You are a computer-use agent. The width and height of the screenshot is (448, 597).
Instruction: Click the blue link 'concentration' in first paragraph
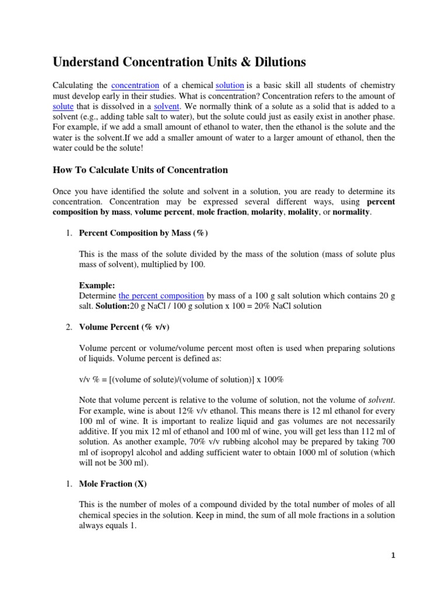pos(135,86)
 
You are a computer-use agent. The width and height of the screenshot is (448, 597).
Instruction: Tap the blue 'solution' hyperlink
pos(230,86)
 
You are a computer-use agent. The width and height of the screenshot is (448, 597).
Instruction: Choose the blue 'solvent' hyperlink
pos(167,107)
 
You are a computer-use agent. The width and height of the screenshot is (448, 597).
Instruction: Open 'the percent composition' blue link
pos(161,296)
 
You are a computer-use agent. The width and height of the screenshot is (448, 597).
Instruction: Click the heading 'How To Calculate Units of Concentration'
pos(140,170)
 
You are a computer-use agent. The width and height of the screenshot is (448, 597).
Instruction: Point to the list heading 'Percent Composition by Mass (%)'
pos(143,233)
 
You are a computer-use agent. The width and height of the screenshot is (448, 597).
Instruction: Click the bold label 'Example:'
pos(97,286)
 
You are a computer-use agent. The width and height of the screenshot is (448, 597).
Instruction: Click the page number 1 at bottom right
pos(393,556)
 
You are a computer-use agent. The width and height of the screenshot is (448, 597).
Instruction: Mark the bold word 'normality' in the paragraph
pos(351,212)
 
